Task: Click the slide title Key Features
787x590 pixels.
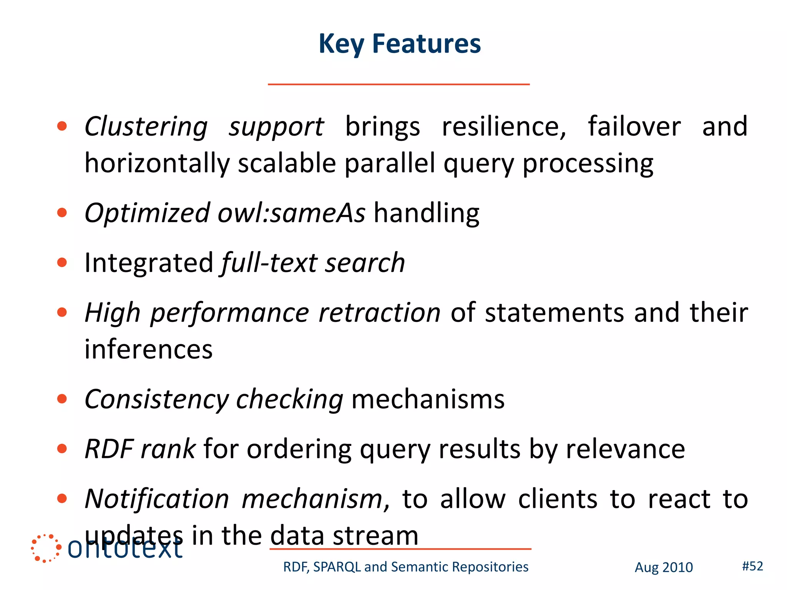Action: pyautogui.click(x=399, y=44)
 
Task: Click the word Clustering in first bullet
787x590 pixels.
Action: pyautogui.click(x=146, y=127)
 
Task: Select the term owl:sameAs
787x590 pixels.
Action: pyautogui.click(x=291, y=213)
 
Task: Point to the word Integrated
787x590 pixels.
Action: pyautogui.click(x=149, y=263)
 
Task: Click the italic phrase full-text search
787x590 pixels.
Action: pyautogui.click(x=313, y=263)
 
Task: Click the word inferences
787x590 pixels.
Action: pyautogui.click(x=148, y=350)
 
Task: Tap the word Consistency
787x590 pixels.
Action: pyautogui.click(x=156, y=399)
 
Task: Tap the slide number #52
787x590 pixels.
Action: pyautogui.click(x=752, y=566)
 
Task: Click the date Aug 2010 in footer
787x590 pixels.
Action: pyautogui.click(x=663, y=567)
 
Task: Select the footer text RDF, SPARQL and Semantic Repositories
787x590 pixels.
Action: pyautogui.click(x=405, y=567)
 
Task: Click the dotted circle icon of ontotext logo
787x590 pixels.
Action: pyautogui.click(x=46, y=548)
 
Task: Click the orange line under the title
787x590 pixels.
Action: pyautogui.click(x=398, y=84)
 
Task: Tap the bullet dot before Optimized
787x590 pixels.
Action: pyautogui.click(x=62, y=212)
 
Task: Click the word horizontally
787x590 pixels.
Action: pyautogui.click(x=157, y=164)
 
